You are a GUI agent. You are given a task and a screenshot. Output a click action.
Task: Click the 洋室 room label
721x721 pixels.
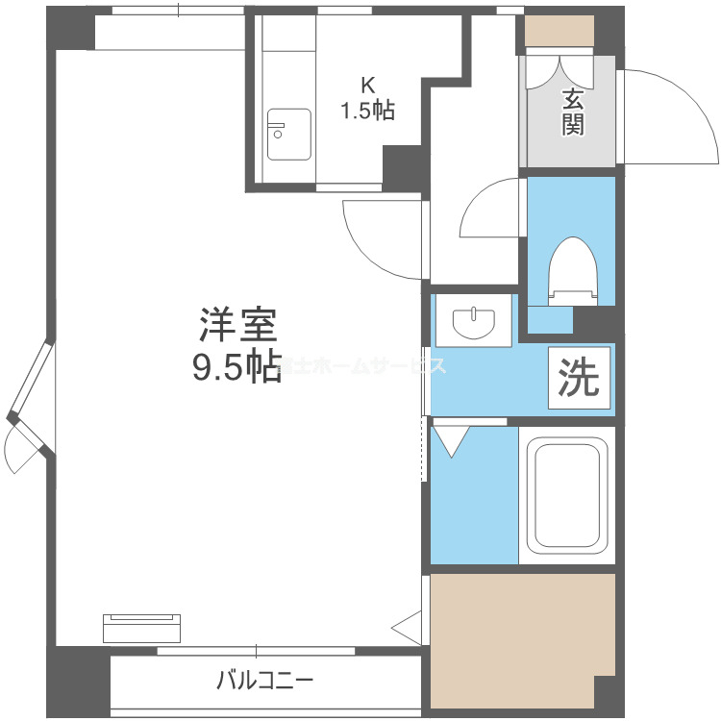(x=238, y=325)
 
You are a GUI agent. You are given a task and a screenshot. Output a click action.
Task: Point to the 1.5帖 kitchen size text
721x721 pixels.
(x=365, y=111)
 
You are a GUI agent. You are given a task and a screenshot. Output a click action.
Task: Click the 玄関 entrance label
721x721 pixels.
(x=573, y=111)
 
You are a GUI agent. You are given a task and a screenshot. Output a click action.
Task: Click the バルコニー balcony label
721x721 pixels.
(x=264, y=682)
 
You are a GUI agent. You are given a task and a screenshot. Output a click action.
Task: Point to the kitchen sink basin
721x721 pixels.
(x=287, y=134)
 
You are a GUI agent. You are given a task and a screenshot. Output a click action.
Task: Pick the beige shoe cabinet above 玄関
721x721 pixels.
(x=559, y=32)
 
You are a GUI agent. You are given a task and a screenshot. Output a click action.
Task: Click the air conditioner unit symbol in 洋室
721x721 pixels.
(x=141, y=628)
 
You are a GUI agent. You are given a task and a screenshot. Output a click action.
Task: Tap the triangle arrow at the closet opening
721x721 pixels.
(x=408, y=626)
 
